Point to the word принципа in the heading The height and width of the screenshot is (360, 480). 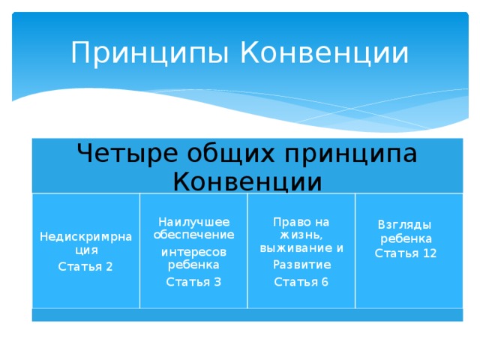(x=349, y=153)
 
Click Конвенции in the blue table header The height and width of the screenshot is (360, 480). (x=247, y=181)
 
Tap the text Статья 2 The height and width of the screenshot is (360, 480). (x=85, y=267)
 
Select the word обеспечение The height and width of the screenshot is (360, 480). (x=193, y=235)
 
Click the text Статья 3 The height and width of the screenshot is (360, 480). (x=193, y=281)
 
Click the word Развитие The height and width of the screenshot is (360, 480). (x=301, y=265)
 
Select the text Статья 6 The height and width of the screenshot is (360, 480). (x=301, y=282)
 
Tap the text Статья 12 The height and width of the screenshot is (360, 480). (x=406, y=253)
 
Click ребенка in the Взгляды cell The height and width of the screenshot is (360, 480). (x=406, y=239)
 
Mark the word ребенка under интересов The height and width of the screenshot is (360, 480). (x=193, y=265)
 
